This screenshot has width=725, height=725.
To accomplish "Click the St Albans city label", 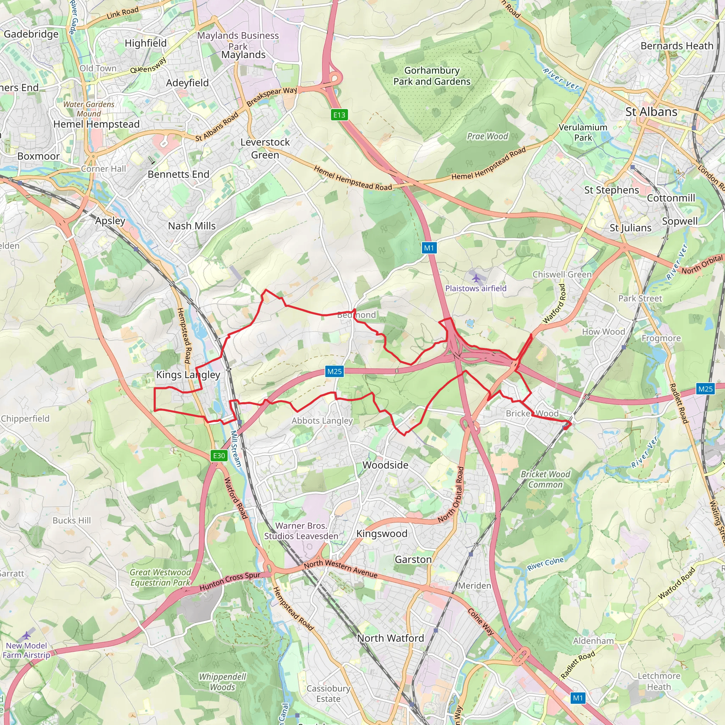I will click(x=651, y=112).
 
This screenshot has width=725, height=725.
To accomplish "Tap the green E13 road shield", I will click(x=339, y=115).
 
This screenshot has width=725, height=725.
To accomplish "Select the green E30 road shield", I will click(x=219, y=456).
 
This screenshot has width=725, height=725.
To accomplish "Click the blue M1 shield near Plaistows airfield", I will click(x=429, y=248).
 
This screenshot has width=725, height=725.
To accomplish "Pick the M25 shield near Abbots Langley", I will click(x=334, y=371).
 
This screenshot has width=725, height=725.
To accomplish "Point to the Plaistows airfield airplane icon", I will click(x=476, y=278).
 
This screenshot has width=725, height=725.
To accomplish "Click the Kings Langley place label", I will click(x=188, y=375).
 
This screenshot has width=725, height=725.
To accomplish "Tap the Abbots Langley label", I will click(x=322, y=421).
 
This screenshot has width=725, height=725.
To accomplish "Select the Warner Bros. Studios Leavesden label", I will click(x=301, y=531).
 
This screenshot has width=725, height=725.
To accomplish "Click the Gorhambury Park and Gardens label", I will click(x=432, y=76).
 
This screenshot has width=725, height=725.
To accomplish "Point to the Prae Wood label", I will click(x=487, y=136).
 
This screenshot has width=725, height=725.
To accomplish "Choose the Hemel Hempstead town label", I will click(x=96, y=124).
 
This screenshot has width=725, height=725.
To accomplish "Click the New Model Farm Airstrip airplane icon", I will click(x=26, y=635).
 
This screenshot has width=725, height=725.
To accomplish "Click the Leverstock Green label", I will click(x=265, y=149).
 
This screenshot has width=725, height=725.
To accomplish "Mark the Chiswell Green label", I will click(x=562, y=274).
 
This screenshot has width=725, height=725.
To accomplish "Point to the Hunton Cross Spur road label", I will click(x=230, y=581).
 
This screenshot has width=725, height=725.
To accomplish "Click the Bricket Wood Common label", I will click(x=545, y=479).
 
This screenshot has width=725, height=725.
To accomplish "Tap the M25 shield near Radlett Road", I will click(x=705, y=389).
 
